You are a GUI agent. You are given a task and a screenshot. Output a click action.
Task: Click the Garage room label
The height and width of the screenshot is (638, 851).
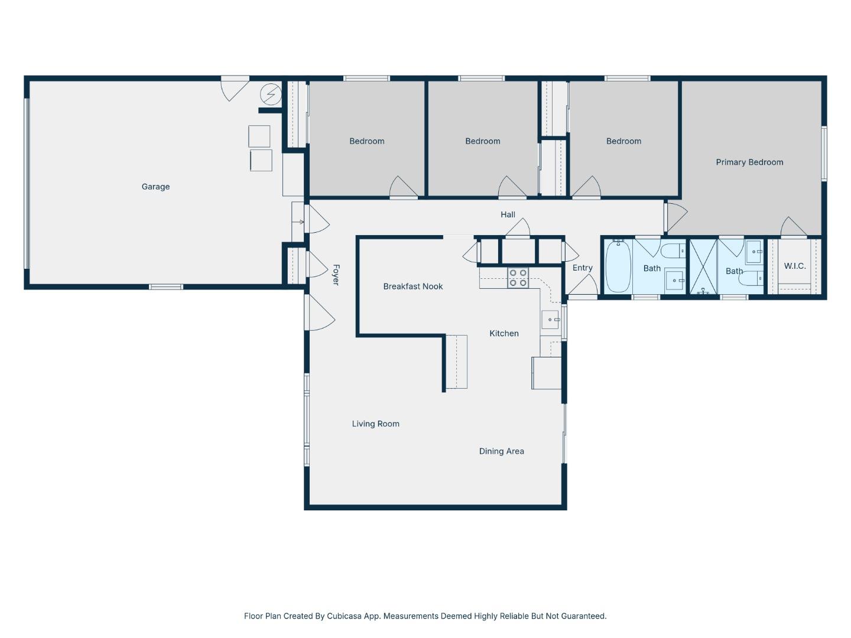click(x=155, y=187)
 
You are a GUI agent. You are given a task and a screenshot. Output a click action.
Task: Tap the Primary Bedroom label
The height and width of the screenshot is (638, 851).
click(x=749, y=162)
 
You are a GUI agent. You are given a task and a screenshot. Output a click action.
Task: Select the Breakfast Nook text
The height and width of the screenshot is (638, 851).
click(x=412, y=287)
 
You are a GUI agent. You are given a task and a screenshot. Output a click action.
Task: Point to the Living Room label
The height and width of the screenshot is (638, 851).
click(x=375, y=424)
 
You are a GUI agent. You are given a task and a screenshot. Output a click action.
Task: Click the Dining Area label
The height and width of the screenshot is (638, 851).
click(x=501, y=451)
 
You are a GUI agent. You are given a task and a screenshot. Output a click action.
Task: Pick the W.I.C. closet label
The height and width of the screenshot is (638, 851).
click(x=794, y=266)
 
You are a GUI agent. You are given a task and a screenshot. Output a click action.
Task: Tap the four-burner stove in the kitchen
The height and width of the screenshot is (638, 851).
click(x=518, y=278)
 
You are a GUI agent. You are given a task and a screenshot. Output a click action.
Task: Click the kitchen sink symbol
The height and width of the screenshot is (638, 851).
click(x=550, y=320)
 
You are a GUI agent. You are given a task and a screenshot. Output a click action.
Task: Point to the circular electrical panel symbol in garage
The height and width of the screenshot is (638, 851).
click(x=271, y=95)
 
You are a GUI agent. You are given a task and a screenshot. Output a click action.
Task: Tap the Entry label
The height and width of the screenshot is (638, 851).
click(x=582, y=268)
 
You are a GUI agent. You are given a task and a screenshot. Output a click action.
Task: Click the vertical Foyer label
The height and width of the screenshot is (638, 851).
click(x=336, y=275)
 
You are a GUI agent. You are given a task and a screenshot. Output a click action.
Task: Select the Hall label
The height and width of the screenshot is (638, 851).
click(x=508, y=214)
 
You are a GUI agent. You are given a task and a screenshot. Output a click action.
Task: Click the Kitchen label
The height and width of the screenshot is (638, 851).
click(x=504, y=334)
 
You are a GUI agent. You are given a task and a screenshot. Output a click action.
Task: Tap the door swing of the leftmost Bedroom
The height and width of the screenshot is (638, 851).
click(x=402, y=188)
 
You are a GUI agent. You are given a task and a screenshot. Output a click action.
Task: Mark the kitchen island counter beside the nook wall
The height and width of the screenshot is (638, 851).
click(x=456, y=362)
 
